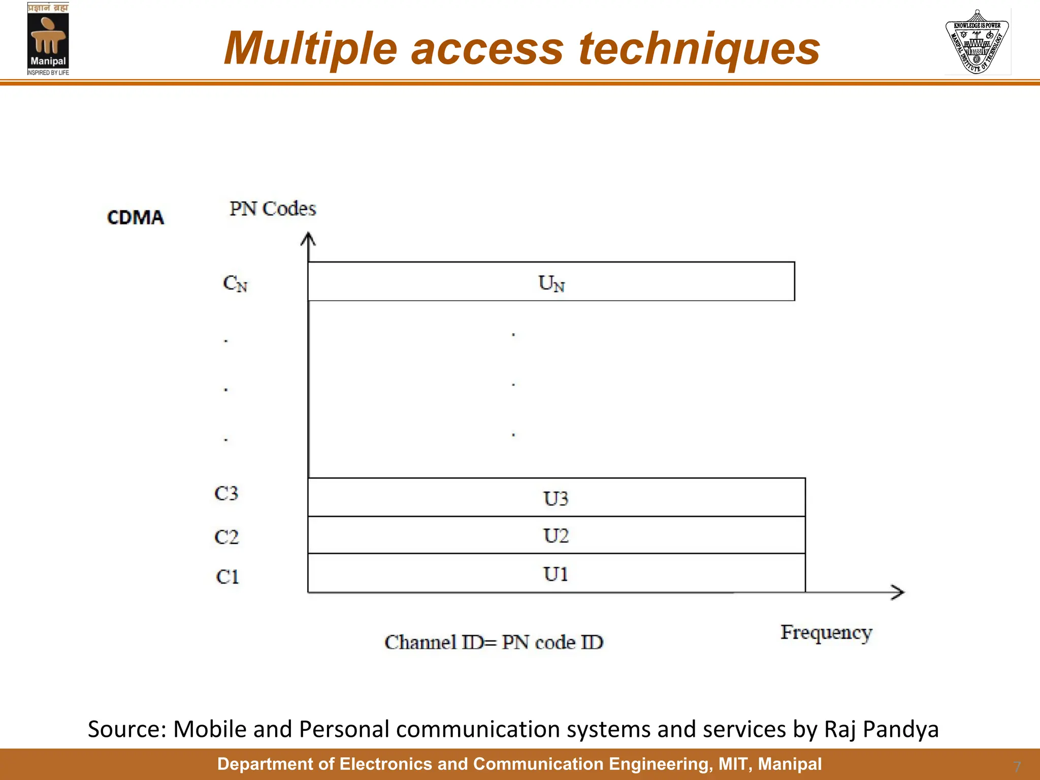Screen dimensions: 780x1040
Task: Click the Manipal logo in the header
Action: (48, 39)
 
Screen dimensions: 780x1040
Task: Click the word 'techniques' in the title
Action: (699, 49)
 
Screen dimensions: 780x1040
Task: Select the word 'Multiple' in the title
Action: (310, 49)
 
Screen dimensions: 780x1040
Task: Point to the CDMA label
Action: (136, 218)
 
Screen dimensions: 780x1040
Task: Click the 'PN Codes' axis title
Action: (273, 209)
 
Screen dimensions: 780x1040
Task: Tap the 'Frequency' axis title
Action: (826, 633)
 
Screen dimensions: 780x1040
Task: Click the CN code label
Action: (235, 283)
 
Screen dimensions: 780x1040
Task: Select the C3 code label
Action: (226, 493)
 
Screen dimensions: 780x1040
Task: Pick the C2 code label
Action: (226, 537)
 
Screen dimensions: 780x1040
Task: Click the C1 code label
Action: (227, 577)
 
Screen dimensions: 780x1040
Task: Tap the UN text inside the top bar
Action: (551, 283)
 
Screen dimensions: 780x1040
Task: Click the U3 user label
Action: (556, 498)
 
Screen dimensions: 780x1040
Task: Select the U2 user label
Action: (556, 536)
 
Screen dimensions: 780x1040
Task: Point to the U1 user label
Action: (556, 574)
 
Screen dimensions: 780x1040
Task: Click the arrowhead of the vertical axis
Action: (308, 239)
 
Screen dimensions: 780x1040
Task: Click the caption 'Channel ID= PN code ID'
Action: (494, 642)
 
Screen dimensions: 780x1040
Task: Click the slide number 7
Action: (1017, 766)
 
